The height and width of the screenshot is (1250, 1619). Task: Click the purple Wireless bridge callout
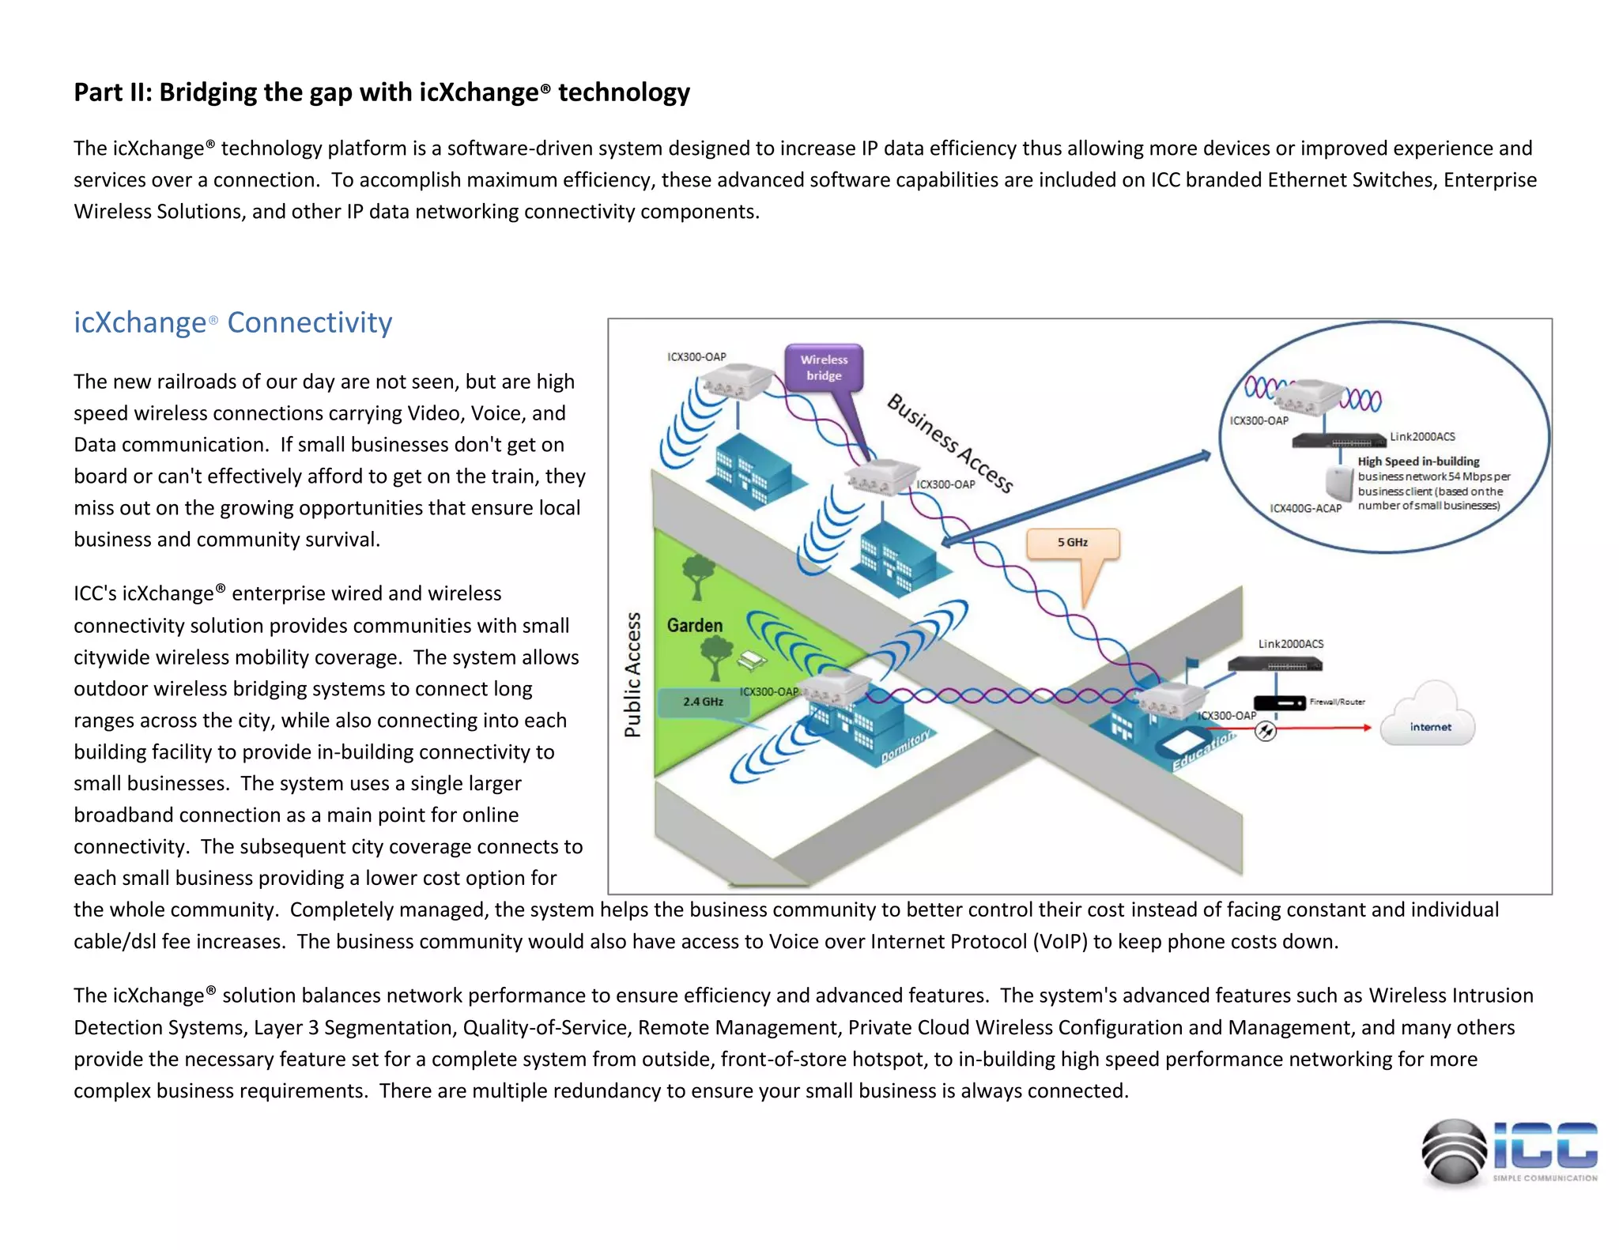824,367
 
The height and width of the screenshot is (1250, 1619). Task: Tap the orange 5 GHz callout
1073,543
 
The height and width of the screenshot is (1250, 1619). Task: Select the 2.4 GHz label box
703,702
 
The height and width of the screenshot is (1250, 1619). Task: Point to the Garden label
695,626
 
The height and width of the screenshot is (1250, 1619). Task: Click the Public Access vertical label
633,675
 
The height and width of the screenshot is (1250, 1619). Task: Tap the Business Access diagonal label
949,442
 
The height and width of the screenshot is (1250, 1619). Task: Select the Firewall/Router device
1280,702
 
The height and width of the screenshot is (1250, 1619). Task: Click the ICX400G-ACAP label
1305,509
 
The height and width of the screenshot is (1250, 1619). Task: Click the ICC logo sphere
1454,1153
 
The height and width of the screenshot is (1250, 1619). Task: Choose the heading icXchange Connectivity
233,323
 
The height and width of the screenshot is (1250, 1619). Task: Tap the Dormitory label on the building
906,747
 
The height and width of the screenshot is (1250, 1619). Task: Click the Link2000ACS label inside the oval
1422,437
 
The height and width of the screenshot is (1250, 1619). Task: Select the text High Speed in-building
1418,461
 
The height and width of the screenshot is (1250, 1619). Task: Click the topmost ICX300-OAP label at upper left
696,357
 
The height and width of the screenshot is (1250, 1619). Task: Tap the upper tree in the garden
698,575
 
